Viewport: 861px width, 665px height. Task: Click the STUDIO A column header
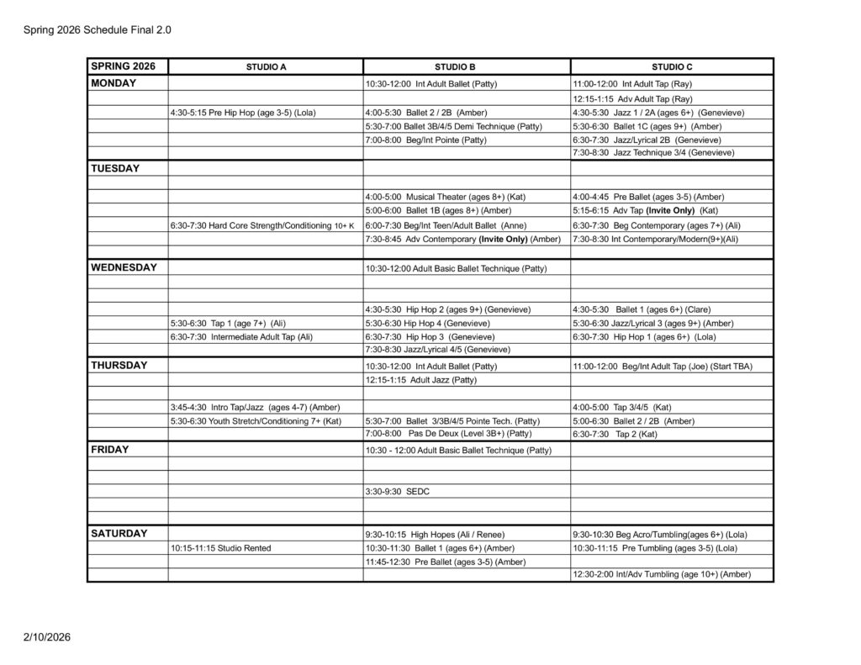click(266, 66)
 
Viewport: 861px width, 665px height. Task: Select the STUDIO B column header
click(467, 66)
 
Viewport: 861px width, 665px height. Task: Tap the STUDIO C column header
click(672, 66)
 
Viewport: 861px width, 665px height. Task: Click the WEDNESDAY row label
click(124, 267)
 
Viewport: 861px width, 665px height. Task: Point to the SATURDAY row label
click(119, 533)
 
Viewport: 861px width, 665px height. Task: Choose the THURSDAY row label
click(119, 365)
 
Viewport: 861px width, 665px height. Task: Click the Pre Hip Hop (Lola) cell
click(244, 113)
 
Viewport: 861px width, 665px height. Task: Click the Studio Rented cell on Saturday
click(220, 548)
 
